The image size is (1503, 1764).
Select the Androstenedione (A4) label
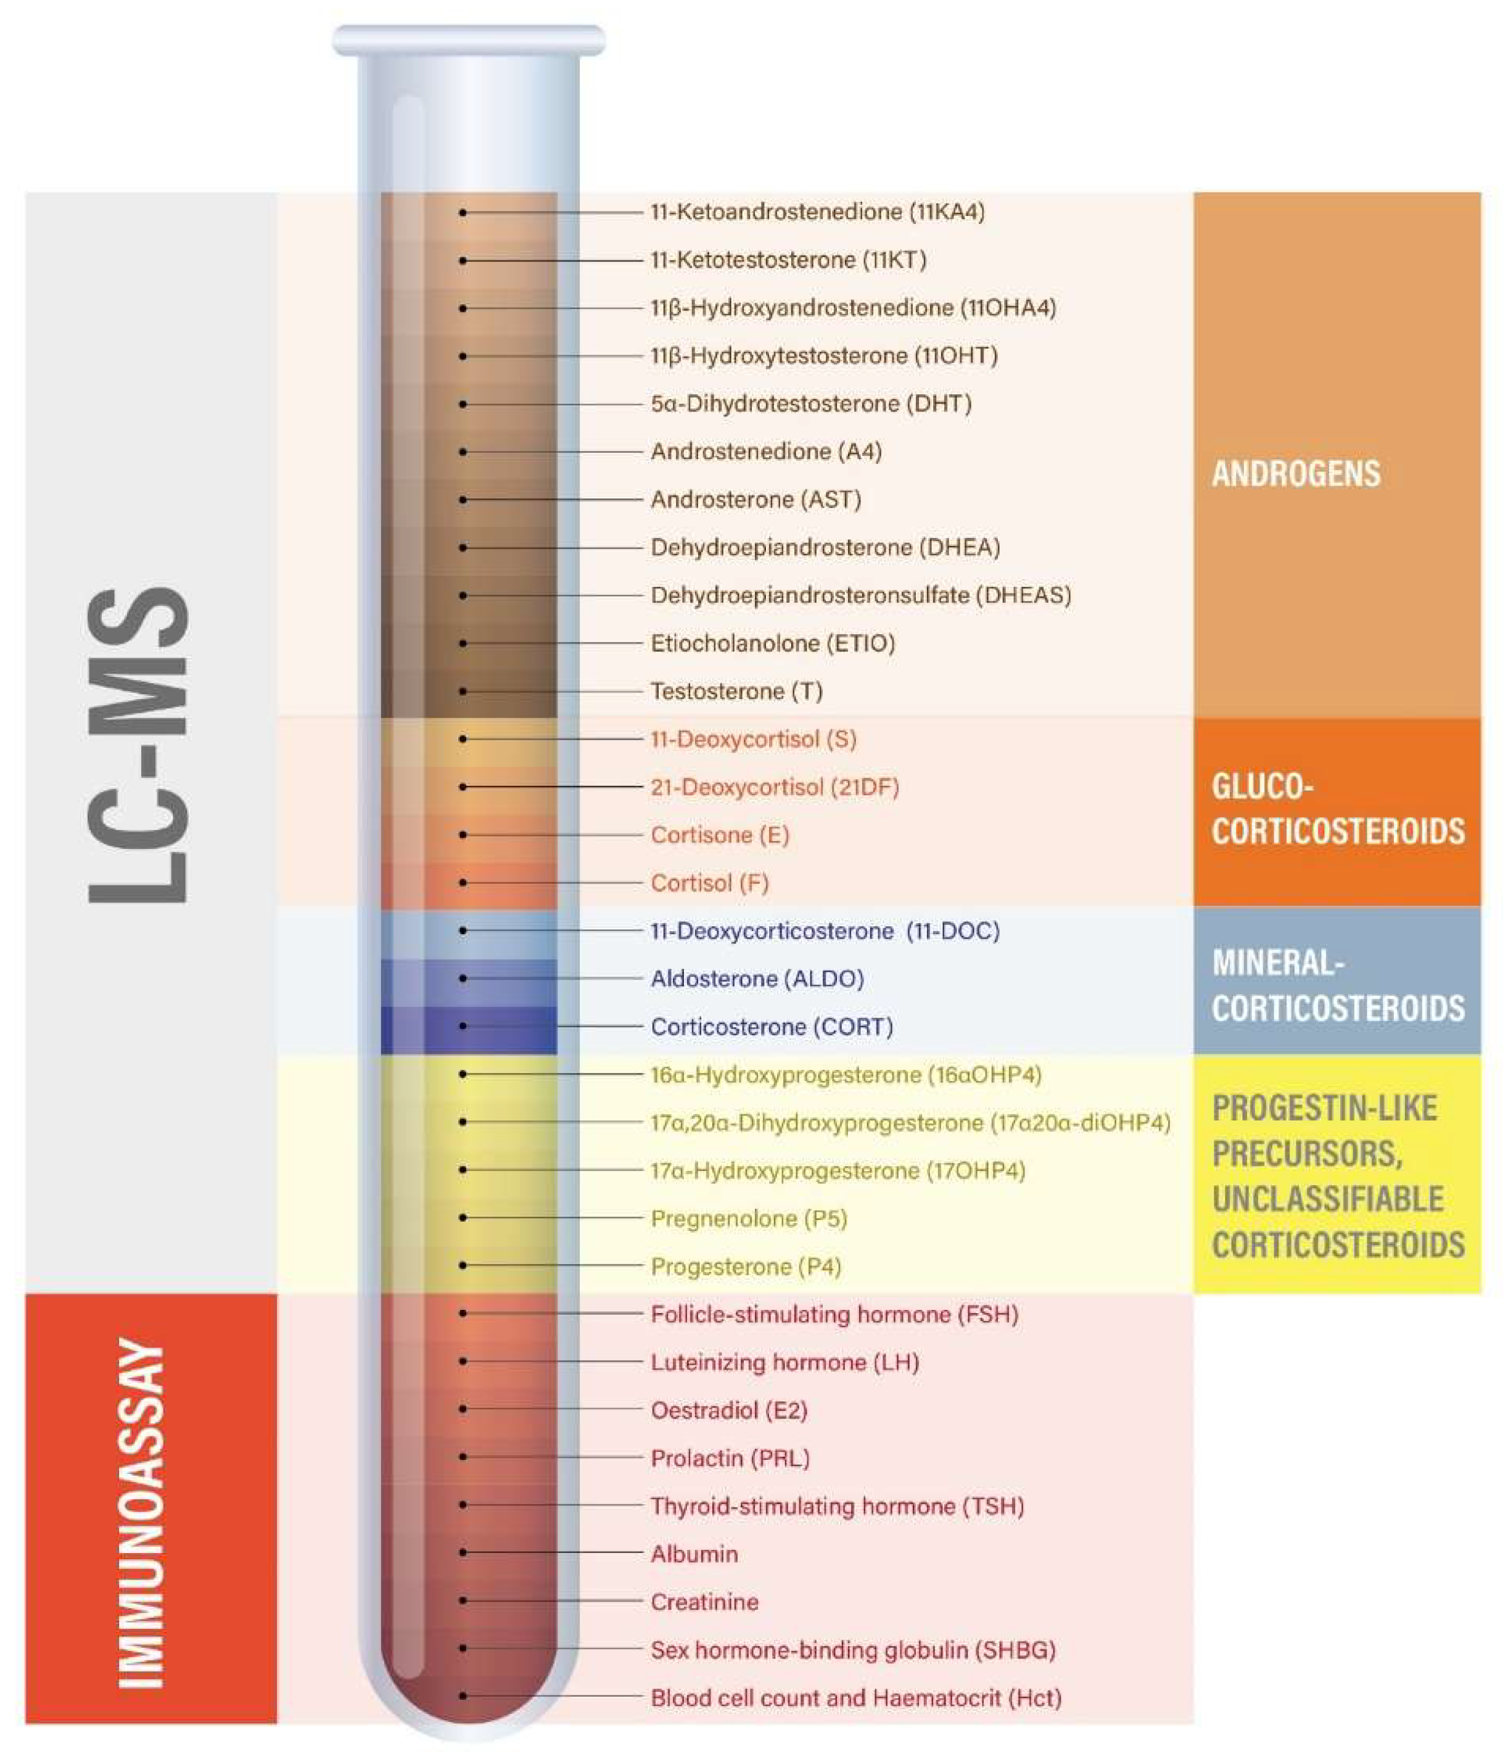(x=766, y=451)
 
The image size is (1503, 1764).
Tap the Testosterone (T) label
(x=736, y=691)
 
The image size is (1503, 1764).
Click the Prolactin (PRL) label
(x=730, y=1459)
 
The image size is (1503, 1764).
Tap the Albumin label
(x=694, y=1554)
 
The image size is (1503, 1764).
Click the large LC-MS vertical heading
(x=139, y=745)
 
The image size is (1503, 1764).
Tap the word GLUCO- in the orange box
(x=1262, y=787)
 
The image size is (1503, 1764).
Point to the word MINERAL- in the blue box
(x=1277, y=963)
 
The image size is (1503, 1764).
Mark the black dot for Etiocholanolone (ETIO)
(x=463, y=644)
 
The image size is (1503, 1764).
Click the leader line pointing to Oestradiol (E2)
(x=553, y=1410)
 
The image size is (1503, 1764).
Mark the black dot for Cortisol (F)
(x=463, y=883)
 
